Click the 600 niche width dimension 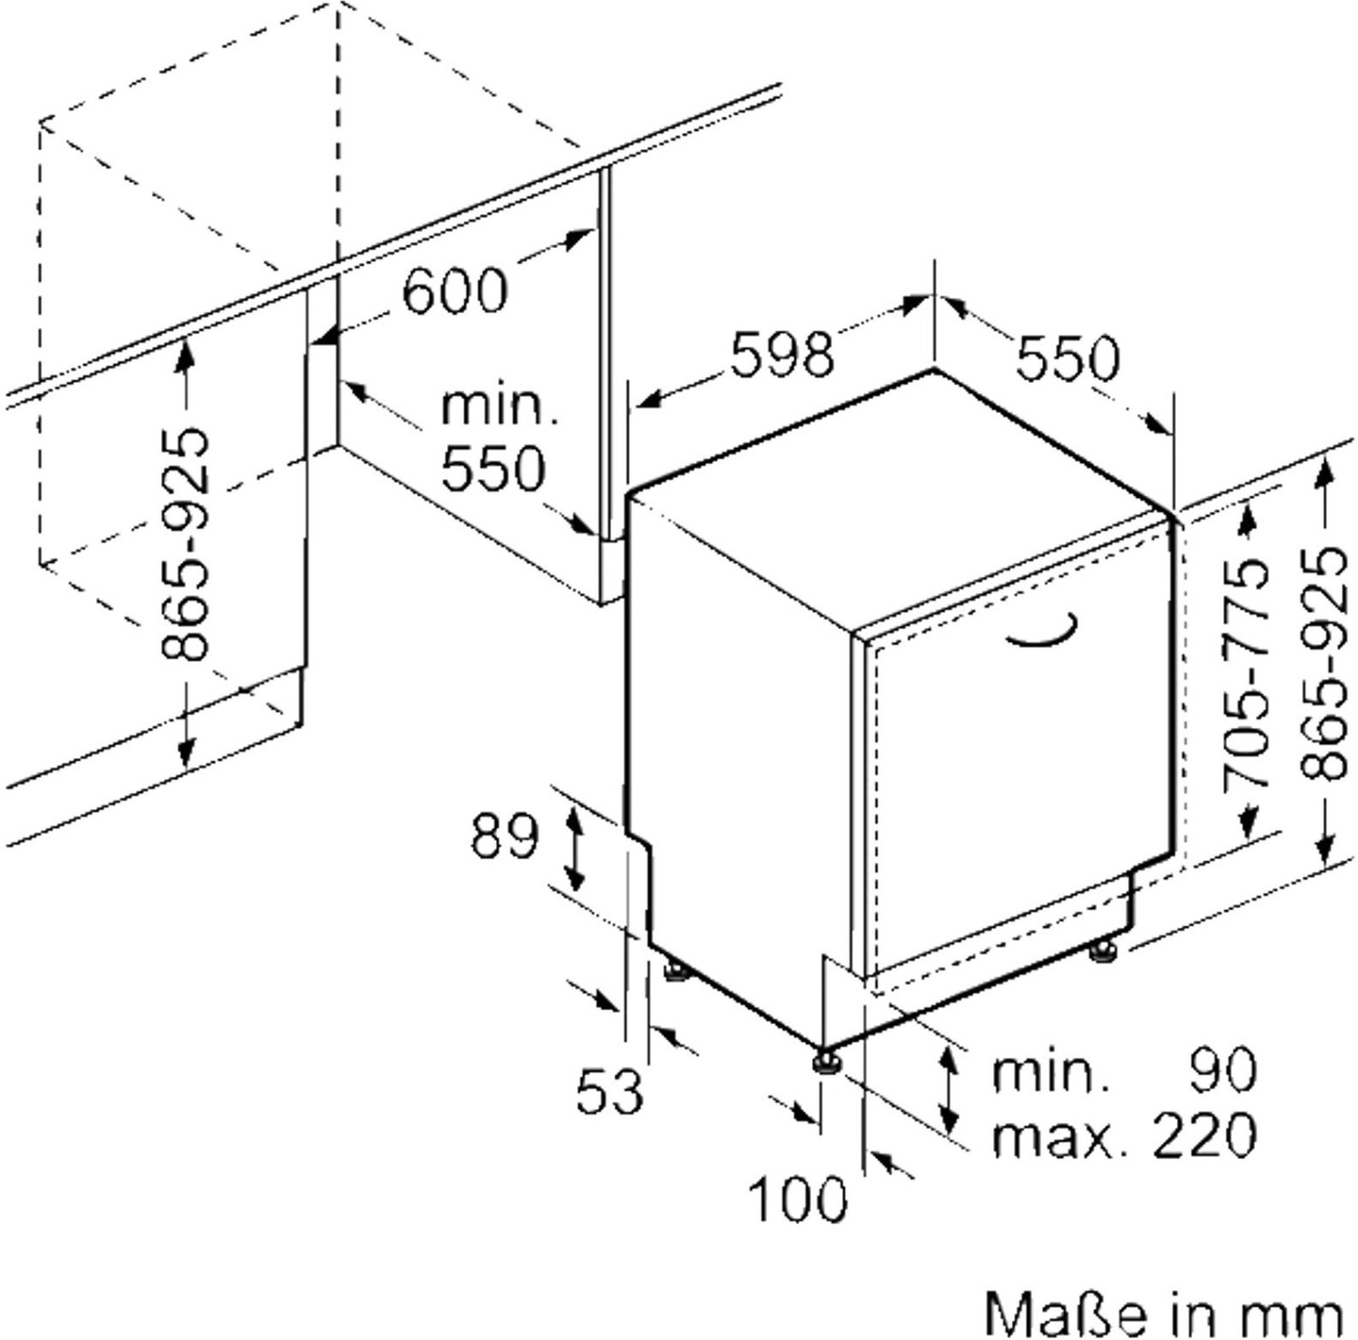click(454, 291)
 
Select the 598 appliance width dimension click(781, 355)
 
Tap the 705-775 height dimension click(1246, 674)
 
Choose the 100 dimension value click(798, 1199)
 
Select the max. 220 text click(1124, 1134)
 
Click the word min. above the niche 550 click(499, 407)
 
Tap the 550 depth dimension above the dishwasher click(1067, 358)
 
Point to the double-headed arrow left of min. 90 click(948, 1089)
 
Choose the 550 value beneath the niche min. click(493, 468)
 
